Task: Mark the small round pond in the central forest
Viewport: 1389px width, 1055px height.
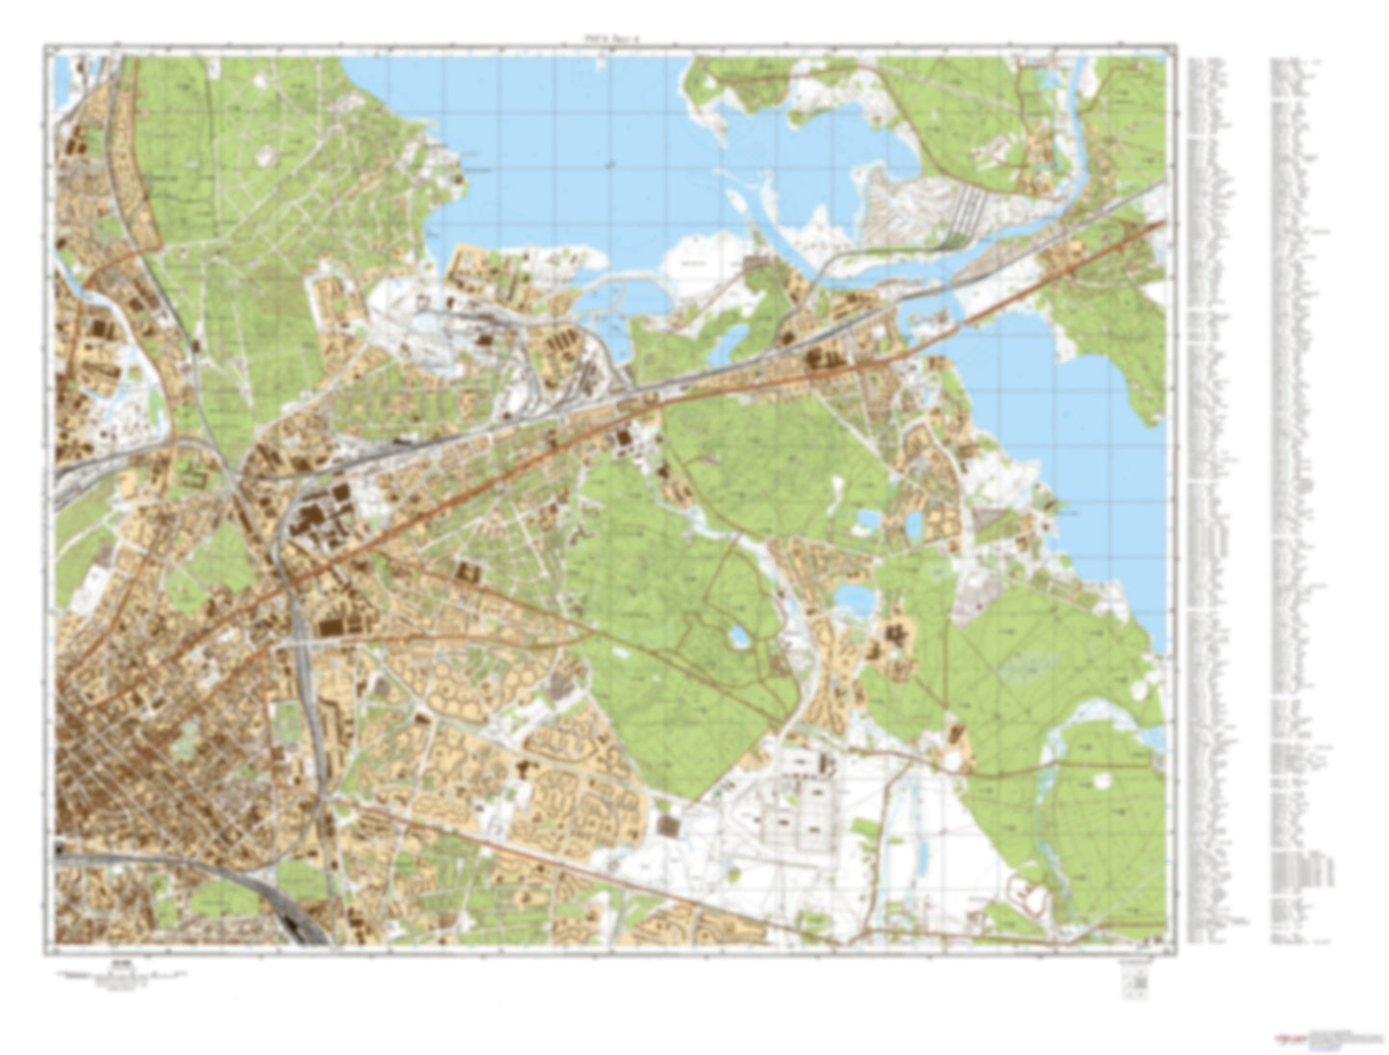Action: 738,635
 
